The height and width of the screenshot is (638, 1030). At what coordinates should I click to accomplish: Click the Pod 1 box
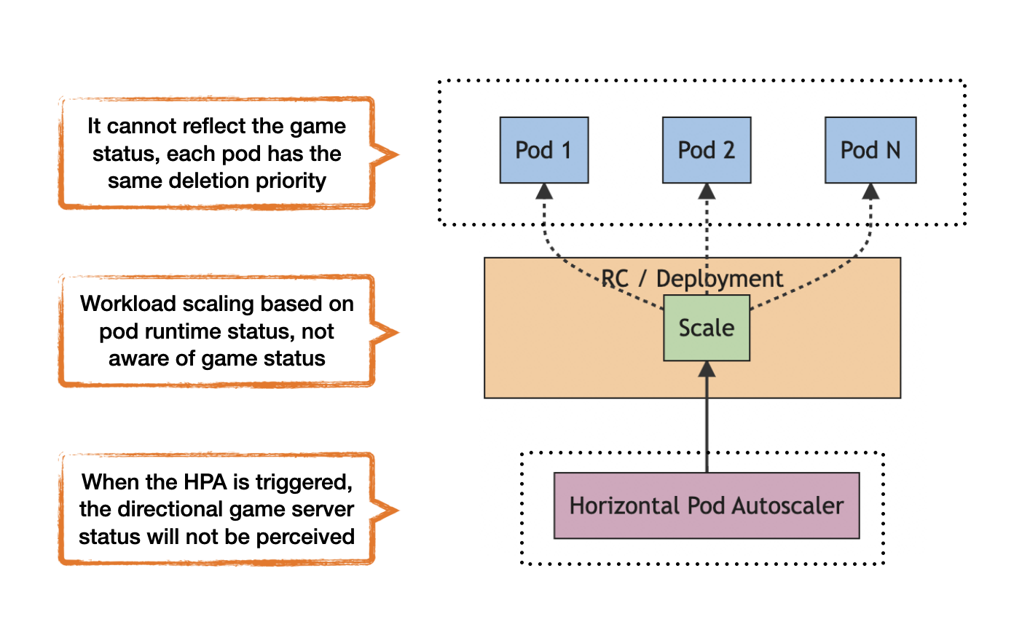coord(543,150)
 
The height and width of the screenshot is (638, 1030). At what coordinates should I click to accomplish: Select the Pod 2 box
coord(706,150)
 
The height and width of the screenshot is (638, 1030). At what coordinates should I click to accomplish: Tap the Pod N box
coord(870,150)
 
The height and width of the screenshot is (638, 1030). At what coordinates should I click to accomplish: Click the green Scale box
coord(706,328)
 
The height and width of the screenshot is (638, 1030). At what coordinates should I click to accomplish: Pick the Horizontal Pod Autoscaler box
coord(706,505)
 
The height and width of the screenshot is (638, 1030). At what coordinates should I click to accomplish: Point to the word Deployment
coord(719,278)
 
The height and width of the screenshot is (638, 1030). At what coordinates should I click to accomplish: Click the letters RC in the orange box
coord(615,278)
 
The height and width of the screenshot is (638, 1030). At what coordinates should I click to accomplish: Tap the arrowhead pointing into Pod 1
coord(544,192)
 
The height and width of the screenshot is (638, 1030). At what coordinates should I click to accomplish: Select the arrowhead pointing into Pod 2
coord(707,192)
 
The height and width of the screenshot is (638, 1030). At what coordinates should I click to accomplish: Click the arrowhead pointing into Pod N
coord(870,192)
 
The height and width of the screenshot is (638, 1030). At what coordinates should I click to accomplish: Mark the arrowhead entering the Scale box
coord(707,369)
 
